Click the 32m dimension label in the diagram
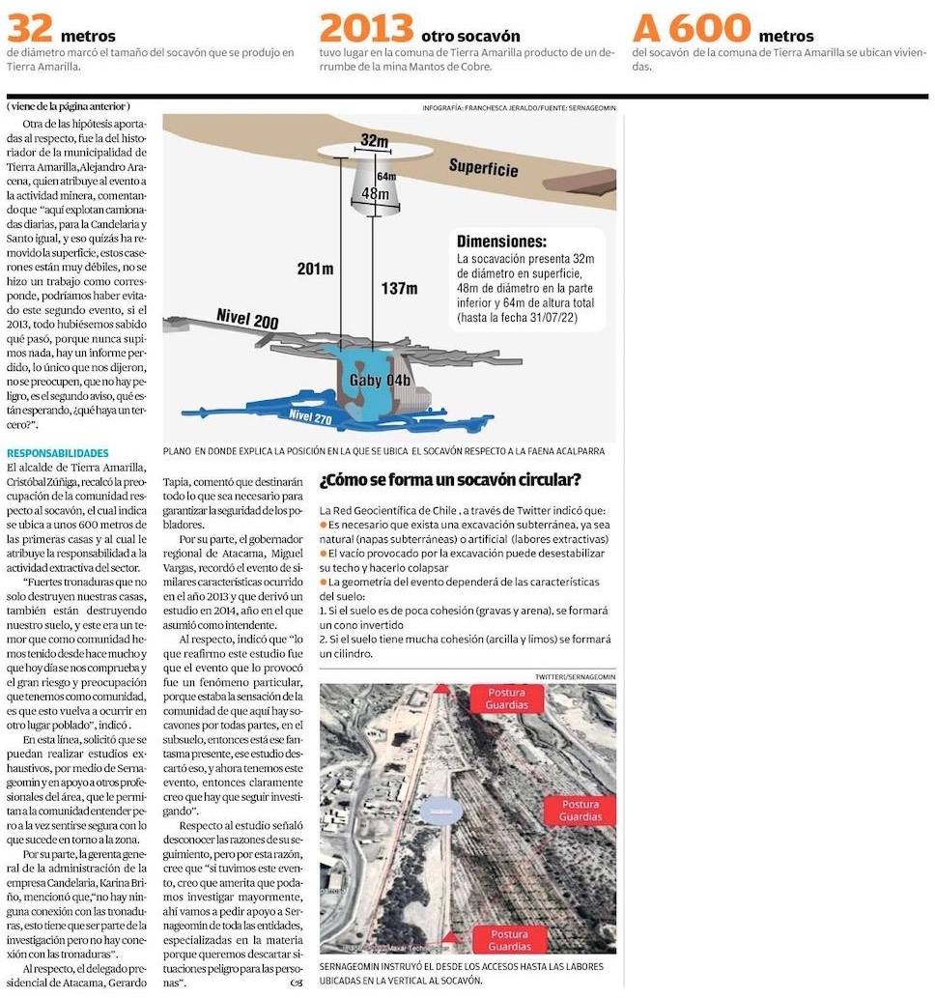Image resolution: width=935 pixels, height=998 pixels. (374, 141)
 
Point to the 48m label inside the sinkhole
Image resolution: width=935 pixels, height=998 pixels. (375, 193)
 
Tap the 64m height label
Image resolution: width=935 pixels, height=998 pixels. (386, 176)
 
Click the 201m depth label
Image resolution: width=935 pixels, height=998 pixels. (315, 269)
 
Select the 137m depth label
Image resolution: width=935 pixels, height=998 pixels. (398, 288)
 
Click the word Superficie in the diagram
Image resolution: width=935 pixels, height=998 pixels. (483, 168)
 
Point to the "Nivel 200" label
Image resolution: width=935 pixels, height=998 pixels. (247, 322)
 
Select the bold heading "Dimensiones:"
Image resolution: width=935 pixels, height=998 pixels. (501, 242)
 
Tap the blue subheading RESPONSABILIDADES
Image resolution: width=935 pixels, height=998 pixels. (58, 453)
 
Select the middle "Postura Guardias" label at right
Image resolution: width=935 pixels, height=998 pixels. (580, 810)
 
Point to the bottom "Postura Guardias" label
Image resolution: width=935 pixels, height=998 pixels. (508, 940)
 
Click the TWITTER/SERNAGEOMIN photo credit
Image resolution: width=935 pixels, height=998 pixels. (575, 675)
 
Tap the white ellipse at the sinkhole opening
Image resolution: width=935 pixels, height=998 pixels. (373, 150)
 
